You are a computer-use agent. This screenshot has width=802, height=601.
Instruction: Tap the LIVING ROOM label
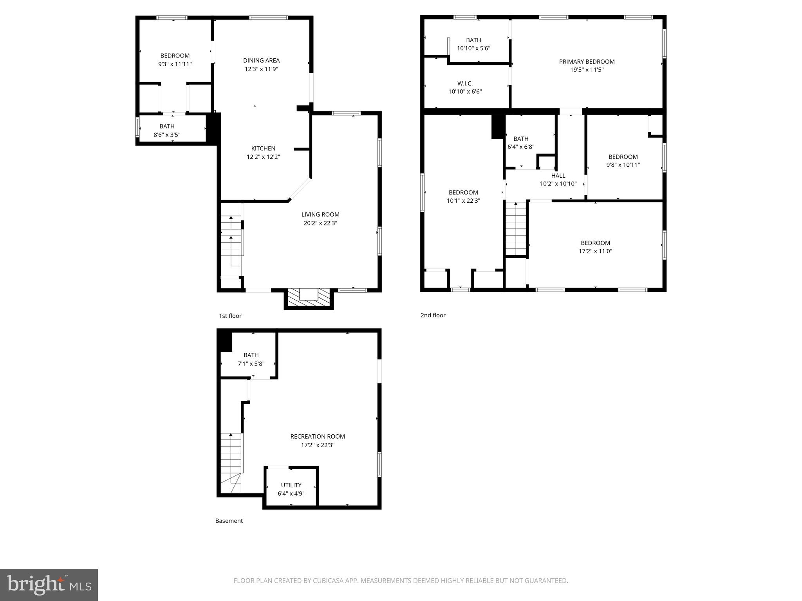tap(320, 214)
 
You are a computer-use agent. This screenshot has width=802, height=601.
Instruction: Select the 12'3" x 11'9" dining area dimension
tap(261, 69)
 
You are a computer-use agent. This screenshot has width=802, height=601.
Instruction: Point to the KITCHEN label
tap(263, 148)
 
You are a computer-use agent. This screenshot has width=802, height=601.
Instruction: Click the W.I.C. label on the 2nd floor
tap(465, 83)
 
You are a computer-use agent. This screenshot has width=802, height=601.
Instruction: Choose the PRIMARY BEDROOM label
tap(587, 61)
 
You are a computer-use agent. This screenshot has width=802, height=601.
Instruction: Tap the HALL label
tap(558, 176)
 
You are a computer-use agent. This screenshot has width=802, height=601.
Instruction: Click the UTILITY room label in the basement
tap(291, 485)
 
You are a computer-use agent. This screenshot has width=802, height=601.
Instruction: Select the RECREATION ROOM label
tap(318, 436)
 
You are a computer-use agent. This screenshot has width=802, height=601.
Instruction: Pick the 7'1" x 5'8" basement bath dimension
tap(251, 363)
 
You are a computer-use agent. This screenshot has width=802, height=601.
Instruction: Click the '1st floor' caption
tap(230, 316)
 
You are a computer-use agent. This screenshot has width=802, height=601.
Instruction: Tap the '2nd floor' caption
tap(433, 315)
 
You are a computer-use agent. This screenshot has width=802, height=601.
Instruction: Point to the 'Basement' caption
tap(229, 521)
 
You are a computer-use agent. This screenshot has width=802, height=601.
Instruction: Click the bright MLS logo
tap(49, 585)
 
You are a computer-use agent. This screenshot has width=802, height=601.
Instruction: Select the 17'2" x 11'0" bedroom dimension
tap(595, 251)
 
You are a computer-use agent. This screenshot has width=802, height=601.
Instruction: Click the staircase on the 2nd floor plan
tap(516, 229)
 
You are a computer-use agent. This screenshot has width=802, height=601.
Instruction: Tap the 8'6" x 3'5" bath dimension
tap(167, 135)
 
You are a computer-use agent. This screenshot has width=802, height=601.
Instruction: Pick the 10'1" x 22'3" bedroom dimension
tap(463, 201)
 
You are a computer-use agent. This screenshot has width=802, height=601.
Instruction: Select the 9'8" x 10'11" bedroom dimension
tap(623, 165)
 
